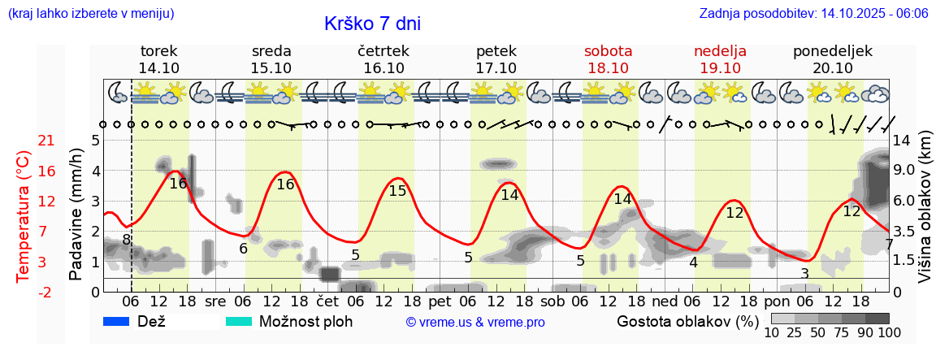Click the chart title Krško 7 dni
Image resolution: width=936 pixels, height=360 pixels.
point(372,24)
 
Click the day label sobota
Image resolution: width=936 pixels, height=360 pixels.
point(608,51)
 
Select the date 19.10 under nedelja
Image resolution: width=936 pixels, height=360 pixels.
point(720,68)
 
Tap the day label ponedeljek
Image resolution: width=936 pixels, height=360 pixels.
point(833,51)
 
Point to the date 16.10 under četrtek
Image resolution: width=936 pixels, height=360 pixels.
point(383,68)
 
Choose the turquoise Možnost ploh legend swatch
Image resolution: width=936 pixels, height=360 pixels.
point(239,321)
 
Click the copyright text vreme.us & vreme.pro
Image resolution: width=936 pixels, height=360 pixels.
point(475,322)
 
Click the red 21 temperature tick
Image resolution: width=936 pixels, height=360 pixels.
point(46,141)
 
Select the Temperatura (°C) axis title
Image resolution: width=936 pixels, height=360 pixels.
point(24,216)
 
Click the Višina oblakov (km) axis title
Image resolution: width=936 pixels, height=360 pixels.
point(925,208)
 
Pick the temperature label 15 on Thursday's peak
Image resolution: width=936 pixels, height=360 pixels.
point(397,191)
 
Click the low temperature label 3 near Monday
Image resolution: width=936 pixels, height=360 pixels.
point(804,273)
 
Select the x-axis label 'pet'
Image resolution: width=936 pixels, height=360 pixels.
point(451,301)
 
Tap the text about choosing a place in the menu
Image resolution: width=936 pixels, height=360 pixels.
point(90,14)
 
